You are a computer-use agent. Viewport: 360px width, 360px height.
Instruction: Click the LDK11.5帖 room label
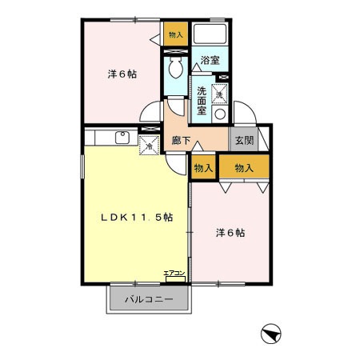coord(136,218)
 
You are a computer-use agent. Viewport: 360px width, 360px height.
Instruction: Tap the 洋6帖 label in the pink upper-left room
coord(122,74)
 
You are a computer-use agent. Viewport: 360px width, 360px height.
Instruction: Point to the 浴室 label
coord(210,60)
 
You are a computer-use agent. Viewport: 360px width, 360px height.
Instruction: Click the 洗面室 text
coord(202,101)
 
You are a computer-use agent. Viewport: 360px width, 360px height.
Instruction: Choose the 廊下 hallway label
coord(181,142)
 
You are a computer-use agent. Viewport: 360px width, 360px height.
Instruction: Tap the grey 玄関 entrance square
coord(243,139)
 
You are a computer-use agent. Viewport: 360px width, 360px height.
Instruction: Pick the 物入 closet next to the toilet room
coord(175,34)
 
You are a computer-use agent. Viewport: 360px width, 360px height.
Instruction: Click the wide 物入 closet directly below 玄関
coord(244,167)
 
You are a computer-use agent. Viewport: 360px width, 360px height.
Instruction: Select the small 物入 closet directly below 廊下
coord(202,167)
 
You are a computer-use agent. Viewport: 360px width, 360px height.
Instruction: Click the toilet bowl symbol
coord(175,66)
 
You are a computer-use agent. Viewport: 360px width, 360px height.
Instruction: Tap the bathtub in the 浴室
coord(210,36)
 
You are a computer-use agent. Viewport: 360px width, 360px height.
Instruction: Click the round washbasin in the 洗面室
coord(220,114)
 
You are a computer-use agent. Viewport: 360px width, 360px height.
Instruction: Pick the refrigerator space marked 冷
coord(148,146)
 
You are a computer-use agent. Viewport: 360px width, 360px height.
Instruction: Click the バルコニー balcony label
coord(150,302)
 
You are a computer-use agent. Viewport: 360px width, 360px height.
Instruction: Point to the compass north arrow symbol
coord(271,333)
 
